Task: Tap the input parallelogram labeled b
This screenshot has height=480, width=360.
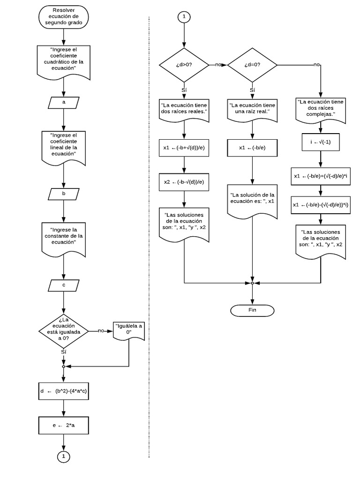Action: pos(63,193)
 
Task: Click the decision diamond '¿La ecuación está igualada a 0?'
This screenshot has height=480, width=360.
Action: pos(63,330)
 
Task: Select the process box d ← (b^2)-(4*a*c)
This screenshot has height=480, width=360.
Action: pos(63,391)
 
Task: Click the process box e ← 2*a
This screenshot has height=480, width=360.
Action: pos(63,426)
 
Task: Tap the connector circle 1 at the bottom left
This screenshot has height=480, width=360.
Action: pos(63,456)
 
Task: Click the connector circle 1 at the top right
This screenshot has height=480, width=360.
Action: pos(184,16)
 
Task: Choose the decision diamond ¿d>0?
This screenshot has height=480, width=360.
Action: pos(184,65)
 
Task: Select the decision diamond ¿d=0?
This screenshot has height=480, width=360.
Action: pos(253,65)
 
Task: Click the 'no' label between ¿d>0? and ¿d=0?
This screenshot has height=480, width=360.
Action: pos(218,65)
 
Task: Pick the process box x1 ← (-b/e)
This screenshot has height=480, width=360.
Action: pos(253,148)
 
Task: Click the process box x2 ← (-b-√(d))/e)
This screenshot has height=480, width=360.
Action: pos(184,182)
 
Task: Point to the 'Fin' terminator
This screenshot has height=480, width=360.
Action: pos(253,310)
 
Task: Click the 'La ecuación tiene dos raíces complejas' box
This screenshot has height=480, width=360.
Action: pos(321,110)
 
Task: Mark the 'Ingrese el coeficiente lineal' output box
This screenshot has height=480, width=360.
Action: pos(63,145)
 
